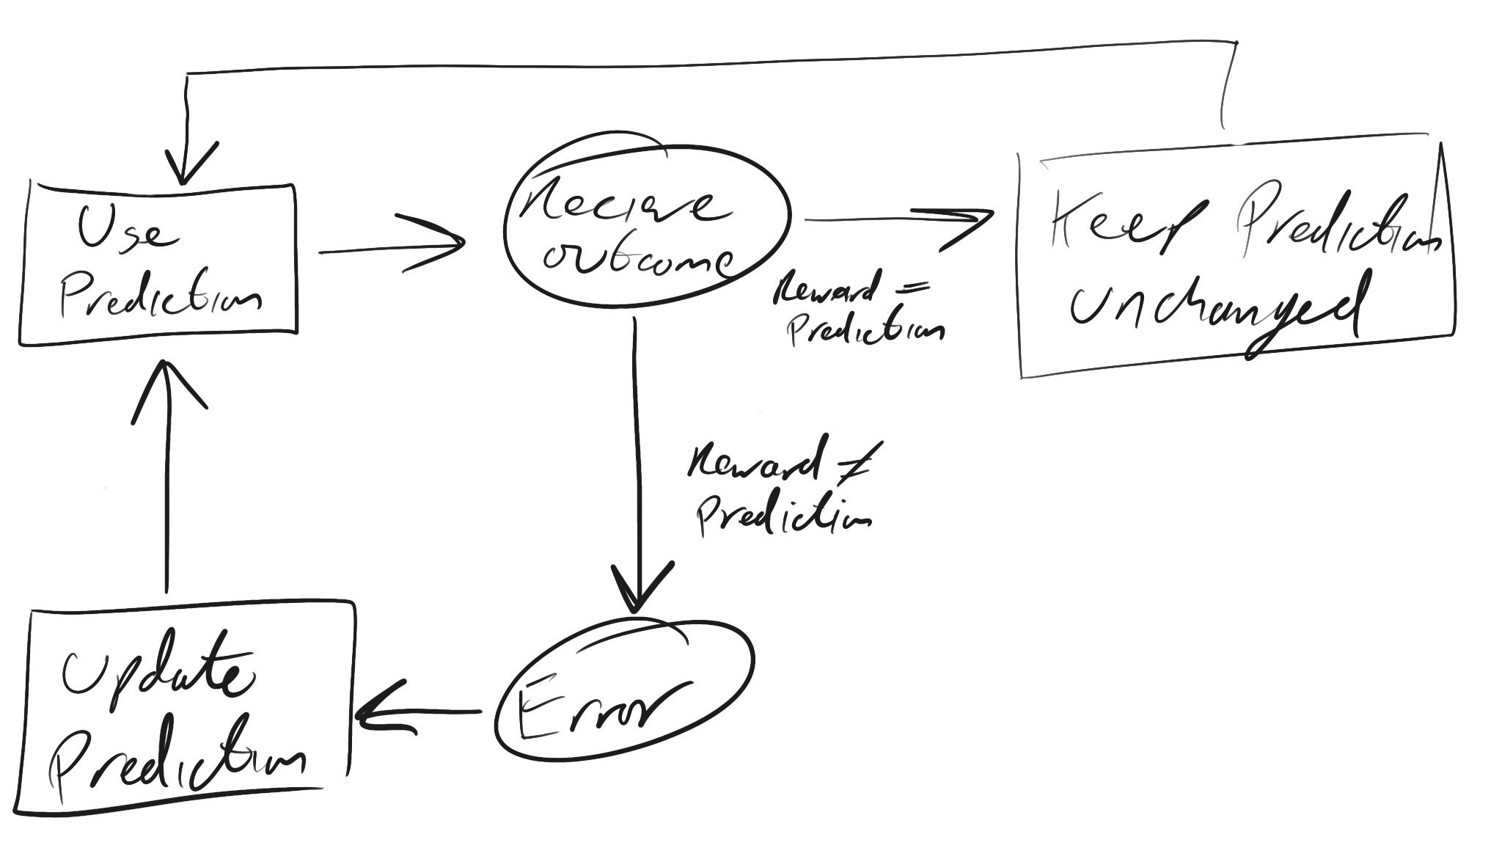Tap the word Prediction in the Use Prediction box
click(160, 297)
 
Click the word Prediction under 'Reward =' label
click(865, 329)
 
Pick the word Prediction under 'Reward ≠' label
click(785, 514)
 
